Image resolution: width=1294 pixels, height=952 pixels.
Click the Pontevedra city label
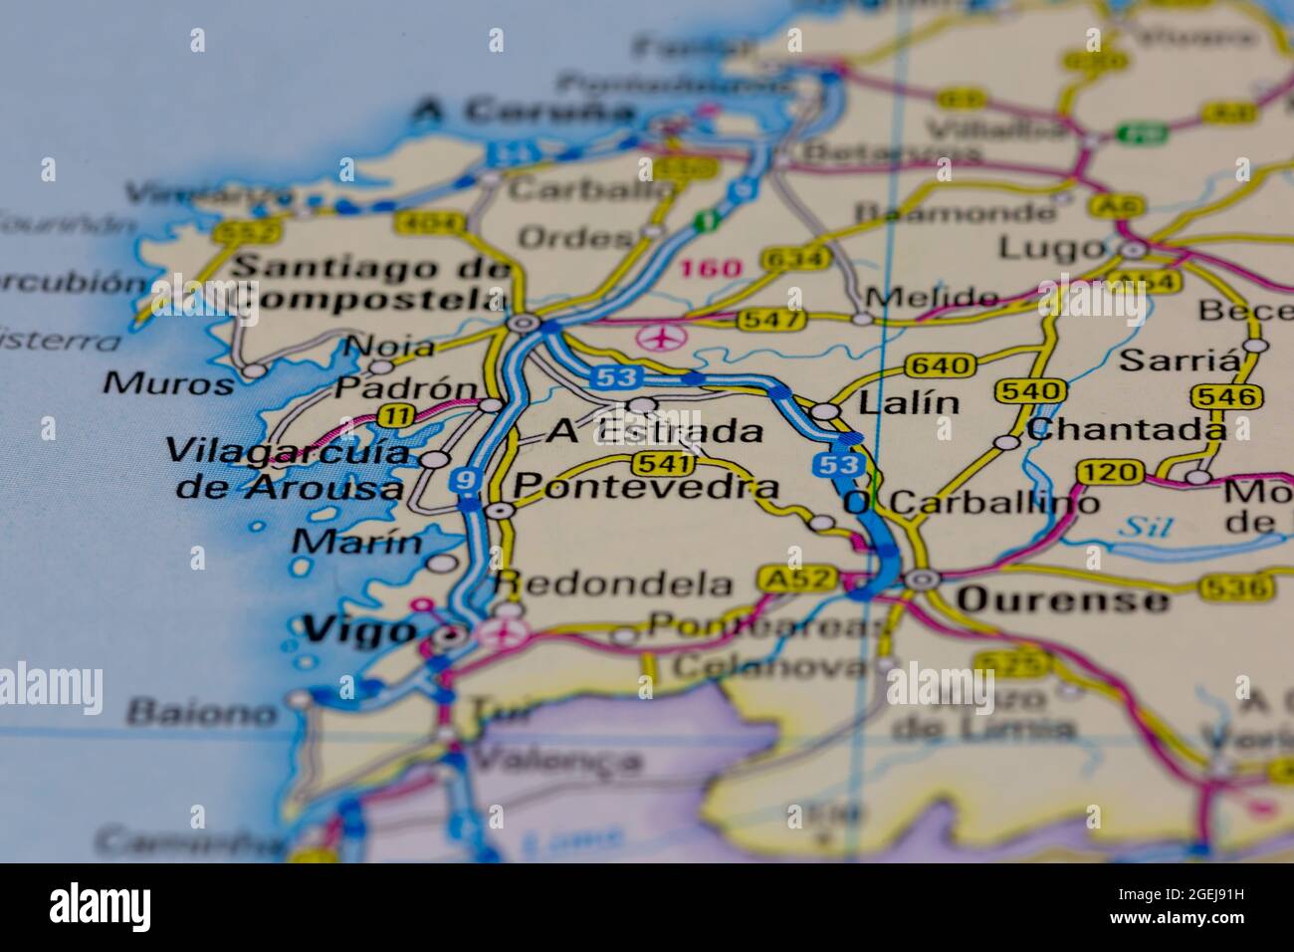[x=645, y=487]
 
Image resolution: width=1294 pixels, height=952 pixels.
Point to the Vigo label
[x=358, y=629]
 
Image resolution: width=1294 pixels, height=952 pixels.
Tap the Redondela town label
[x=614, y=584]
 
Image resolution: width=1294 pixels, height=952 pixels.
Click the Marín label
[x=358, y=543]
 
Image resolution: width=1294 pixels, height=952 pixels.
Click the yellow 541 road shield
[x=662, y=464]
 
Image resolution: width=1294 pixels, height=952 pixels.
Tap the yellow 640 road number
[x=941, y=366]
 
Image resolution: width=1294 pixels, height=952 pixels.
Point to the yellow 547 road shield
[x=769, y=321]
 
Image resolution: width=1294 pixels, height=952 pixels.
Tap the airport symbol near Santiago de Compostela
[x=656, y=338]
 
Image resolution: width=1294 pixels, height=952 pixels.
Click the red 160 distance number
[x=711, y=269]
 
